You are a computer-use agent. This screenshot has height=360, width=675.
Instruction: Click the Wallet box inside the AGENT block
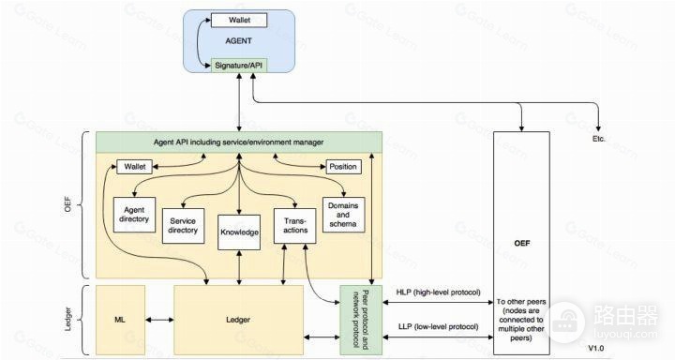[x=239, y=21]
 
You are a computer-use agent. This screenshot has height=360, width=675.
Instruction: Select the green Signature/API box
[x=239, y=66]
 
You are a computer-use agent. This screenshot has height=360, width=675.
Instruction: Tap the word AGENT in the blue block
[x=238, y=41]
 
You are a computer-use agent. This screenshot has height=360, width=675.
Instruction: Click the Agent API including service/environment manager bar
[x=238, y=142]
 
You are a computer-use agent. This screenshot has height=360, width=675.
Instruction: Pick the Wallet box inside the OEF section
[x=134, y=167]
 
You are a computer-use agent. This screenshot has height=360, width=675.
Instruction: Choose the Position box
[x=343, y=167]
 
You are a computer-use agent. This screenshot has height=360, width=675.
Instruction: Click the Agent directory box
[x=134, y=215]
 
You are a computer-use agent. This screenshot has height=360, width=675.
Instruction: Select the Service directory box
[x=183, y=226]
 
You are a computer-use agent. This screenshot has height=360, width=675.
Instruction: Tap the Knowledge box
[x=239, y=232]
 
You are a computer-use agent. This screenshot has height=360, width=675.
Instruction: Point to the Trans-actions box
[x=295, y=226]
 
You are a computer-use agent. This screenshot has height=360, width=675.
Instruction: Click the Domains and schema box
[x=343, y=215]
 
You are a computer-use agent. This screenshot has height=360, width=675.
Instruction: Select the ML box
[x=120, y=320]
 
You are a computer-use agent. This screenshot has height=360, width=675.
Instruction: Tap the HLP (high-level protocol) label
[x=438, y=292]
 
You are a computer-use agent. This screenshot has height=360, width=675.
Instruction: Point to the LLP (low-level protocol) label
[x=438, y=327]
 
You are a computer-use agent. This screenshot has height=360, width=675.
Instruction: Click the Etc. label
[x=598, y=139]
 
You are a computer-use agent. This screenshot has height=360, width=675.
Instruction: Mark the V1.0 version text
[x=596, y=348]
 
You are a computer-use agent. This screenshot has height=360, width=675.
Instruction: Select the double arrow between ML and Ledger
[x=159, y=320]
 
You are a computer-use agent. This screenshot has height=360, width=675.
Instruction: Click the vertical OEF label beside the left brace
[x=67, y=204]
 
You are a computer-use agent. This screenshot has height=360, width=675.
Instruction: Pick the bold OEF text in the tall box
[x=522, y=244]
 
